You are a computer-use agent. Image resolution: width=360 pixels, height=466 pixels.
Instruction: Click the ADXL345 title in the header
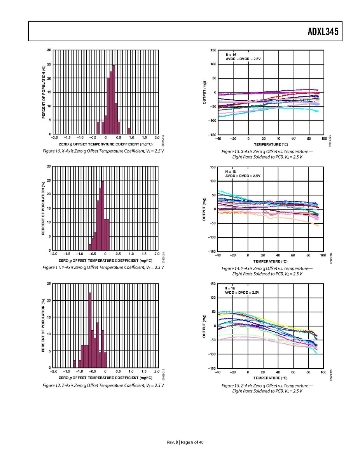tap(323, 32)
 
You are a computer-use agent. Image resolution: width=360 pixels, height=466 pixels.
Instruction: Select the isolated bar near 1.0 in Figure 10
tap(129, 131)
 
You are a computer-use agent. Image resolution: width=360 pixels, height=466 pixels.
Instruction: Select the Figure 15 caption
tap(267, 388)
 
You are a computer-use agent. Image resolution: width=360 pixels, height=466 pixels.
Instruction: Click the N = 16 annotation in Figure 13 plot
tap(231, 55)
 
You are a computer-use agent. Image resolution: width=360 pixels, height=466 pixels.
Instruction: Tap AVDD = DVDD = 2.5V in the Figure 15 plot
tap(242, 292)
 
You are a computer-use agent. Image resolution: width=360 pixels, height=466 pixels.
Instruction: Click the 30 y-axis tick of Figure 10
tap(49, 50)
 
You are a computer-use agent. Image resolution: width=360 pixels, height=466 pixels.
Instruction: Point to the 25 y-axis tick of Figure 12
tap(49, 284)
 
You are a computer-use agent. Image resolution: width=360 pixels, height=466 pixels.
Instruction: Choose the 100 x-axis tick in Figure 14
tap(323, 255)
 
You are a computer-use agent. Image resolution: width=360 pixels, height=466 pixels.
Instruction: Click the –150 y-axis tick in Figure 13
tap(213, 135)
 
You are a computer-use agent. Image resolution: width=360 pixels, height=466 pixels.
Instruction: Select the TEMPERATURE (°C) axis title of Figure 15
tap(271, 378)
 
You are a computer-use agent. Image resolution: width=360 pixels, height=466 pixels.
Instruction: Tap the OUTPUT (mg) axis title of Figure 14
tap(204, 209)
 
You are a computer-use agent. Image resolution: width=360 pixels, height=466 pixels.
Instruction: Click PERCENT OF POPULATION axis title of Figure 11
tap(44, 208)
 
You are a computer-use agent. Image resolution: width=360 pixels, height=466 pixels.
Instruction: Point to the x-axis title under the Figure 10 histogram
tap(105, 144)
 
